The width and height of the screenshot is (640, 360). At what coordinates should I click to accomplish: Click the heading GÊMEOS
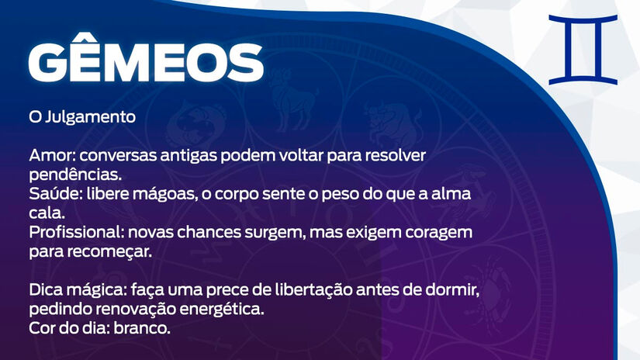146,58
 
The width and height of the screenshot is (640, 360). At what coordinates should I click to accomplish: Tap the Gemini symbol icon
583,50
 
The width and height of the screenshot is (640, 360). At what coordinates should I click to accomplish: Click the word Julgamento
90,117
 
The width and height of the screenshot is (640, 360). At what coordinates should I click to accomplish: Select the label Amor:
52,155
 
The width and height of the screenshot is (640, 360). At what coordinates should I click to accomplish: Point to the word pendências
75,175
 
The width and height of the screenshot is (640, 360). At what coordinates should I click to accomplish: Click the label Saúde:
56,193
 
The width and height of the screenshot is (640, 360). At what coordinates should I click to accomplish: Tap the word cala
47,213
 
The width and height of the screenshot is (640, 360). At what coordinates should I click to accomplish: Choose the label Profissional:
76,232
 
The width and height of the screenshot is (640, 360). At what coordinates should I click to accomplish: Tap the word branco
142,328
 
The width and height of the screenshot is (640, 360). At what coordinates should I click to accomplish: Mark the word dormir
452,290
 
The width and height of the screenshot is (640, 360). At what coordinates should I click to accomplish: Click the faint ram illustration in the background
292,100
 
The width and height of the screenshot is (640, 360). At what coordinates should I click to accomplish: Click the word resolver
395,155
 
